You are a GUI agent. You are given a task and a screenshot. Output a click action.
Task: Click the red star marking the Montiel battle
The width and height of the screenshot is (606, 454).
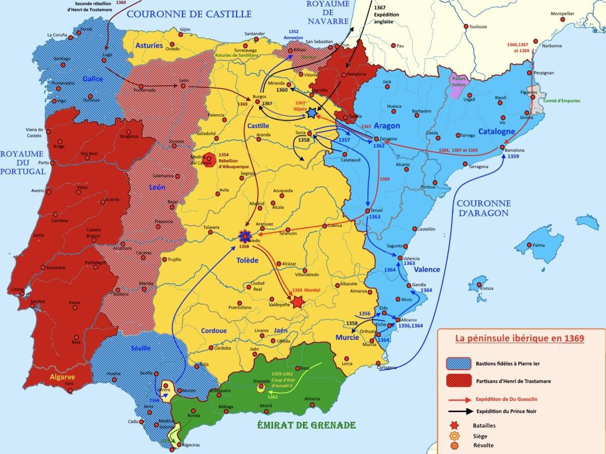(297, 302)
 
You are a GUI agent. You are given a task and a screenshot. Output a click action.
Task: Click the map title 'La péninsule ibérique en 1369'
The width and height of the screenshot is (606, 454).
(520, 338)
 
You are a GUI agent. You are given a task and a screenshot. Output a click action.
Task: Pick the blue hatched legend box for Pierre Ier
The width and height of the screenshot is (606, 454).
(458, 363)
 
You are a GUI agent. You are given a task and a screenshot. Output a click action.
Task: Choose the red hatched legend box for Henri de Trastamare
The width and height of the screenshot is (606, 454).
(458, 381)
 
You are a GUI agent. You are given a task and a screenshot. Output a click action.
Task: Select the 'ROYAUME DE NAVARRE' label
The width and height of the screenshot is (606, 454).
(327, 13)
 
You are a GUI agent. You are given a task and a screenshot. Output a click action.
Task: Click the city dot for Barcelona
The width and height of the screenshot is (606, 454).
(502, 147)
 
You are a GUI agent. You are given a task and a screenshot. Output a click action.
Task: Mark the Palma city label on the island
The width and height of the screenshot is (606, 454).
(538, 245)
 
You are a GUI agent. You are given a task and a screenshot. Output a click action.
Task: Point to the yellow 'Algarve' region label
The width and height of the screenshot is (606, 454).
(62, 376)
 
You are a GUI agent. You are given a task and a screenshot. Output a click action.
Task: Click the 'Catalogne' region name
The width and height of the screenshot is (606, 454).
(497, 131)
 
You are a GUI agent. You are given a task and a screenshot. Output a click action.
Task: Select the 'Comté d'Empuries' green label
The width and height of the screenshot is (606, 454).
(562, 101)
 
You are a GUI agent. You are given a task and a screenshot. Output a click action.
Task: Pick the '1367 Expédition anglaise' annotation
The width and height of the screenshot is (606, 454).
(386, 15)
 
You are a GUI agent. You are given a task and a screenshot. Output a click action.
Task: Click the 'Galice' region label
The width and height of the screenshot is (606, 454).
(93, 79)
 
